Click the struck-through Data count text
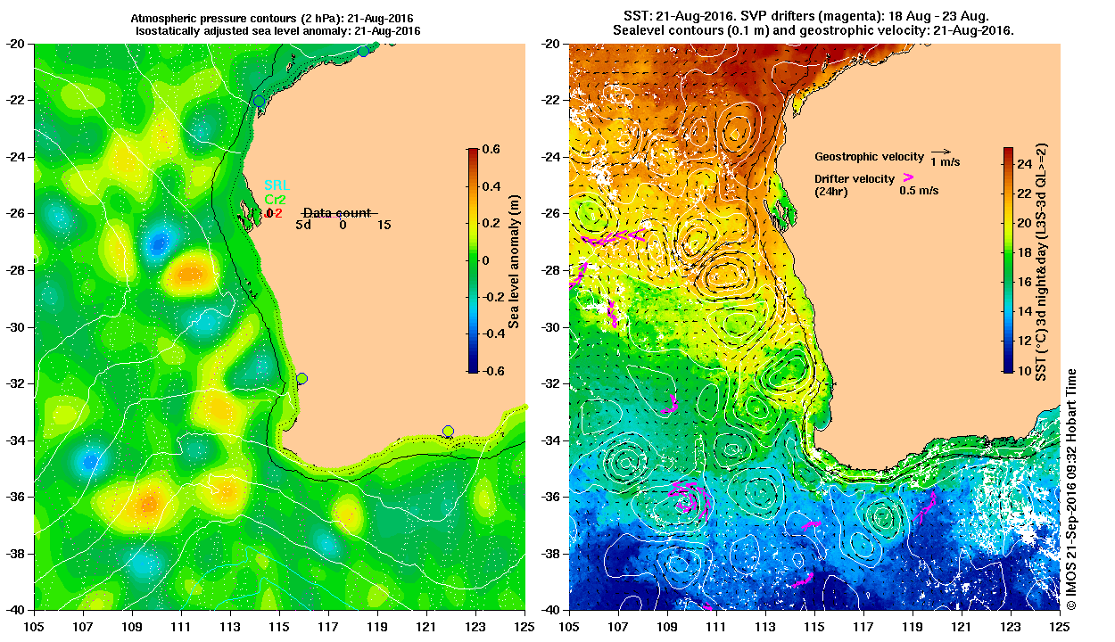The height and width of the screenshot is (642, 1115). (x=340, y=213)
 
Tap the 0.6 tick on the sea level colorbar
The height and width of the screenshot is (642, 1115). (x=491, y=149)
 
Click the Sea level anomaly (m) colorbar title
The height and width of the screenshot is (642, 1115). (x=515, y=259)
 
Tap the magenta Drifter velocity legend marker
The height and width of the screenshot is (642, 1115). (x=908, y=177)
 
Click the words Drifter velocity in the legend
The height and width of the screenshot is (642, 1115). (x=854, y=179)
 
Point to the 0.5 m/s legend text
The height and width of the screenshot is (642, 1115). (x=919, y=191)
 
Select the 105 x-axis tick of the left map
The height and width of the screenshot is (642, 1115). (x=35, y=627)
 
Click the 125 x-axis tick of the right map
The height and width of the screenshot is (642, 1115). (x=1061, y=627)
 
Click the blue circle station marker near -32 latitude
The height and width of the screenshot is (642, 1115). (x=301, y=379)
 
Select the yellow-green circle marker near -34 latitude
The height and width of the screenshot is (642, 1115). (x=448, y=432)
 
